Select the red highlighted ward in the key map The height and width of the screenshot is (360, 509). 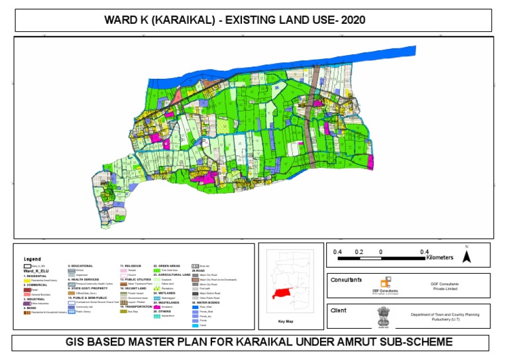click(286, 292)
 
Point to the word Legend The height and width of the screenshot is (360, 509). click(32, 259)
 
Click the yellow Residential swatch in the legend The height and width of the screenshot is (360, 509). click(27, 280)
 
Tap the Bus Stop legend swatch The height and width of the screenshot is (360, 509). click(123, 311)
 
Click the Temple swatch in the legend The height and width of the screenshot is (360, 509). click(123, 270)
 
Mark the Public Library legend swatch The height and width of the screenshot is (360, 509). click(72, 311)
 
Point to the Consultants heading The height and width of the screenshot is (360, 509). click(346, 279)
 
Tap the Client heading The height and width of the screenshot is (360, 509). click(339, 310)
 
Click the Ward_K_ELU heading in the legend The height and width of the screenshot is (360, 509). click(36, 270)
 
